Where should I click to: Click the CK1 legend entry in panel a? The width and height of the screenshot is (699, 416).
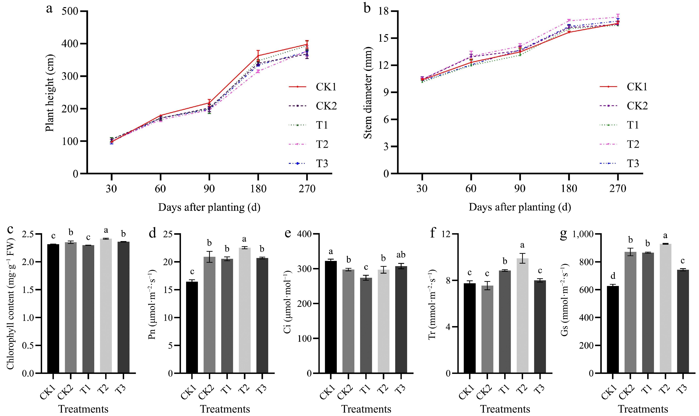pyautogui.click(x=326, y=87)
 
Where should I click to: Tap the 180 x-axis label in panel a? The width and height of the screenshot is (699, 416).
pyautogui.click(x=258, y=189)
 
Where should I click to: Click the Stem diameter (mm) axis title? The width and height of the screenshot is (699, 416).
pyautogui.click(x=368, y=93)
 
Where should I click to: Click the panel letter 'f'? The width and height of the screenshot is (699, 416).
pyautogui.click(x=433, y=233)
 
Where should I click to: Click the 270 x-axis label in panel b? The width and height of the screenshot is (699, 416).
pyautogui.click(x=617, y=189)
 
